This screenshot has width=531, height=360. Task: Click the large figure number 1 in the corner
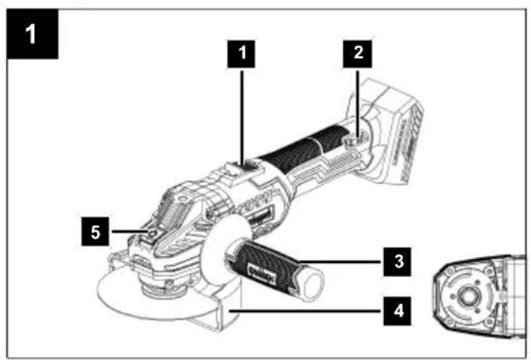32,34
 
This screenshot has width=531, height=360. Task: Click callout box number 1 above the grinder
241,54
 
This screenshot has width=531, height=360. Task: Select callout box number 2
357,54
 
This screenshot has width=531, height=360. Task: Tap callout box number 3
397,261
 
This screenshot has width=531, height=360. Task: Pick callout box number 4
397,311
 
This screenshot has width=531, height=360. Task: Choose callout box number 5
95,232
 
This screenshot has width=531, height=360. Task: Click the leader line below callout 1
242,117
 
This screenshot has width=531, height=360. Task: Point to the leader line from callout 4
307,311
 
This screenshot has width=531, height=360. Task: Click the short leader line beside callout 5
129,232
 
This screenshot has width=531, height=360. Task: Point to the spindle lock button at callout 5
152,232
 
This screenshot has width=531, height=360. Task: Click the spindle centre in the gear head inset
469,297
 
